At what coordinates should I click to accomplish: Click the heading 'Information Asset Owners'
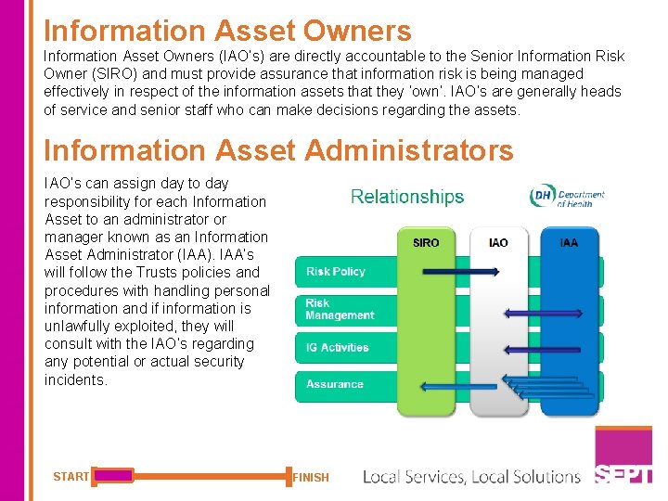(227, 30)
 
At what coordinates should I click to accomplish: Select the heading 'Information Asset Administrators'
(278, 149)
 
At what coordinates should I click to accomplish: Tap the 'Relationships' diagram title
(407, 197)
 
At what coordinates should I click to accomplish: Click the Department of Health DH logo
(566, 197)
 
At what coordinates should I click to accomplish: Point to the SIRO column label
(426, 243)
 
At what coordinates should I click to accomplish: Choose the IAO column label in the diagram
(498, 243)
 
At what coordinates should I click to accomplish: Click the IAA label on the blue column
(569, 243)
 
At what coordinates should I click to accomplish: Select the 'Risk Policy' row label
(336, 272)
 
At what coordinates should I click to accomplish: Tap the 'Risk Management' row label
(340, 310)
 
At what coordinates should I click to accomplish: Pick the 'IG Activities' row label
(338, 348)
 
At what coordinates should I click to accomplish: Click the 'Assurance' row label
(335, 384)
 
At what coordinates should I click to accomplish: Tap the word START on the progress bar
(71, 477)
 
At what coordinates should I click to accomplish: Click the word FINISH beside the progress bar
(311, 478)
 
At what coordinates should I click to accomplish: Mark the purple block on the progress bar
(113, 476)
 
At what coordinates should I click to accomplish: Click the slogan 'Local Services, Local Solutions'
(471, 477)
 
